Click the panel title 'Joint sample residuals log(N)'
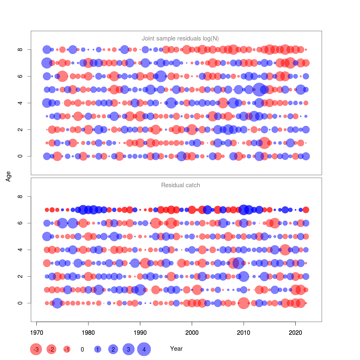click(180, 38)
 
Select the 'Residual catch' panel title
click(180, 185)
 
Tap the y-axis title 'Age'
click(8, 176)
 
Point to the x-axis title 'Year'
click(176, 349)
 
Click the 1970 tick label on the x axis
click(36, 333)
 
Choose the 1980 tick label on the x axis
click(88, 333)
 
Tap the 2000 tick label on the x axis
click(192, 333)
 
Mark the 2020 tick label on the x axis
click(295, 333)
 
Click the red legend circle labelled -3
click(36, 349)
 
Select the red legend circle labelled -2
click(52, 349)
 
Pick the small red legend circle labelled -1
click(67, 349)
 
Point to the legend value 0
click(82, 349)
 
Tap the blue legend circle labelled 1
click(97, 349)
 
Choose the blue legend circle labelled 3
click(128, 349)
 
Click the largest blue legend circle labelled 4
click(144, 349)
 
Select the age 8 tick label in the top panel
click(20, 49)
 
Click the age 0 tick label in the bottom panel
click(20, 303)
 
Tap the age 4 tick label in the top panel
click(20, 103)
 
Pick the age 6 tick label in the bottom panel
click(20, 223)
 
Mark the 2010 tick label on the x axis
click(244, 333)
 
